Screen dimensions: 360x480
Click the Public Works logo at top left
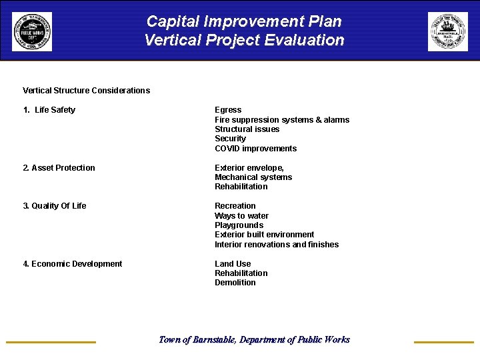pos(31,31)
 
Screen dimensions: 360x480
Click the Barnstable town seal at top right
pos(447,31)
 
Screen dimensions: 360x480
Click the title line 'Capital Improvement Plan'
pos(244,21)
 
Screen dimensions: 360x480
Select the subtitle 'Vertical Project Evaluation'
pos(244,40)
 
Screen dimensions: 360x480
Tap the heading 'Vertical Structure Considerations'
pos(86,91)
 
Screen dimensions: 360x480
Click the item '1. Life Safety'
pos(49,110)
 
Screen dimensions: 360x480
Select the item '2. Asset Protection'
pos(59,168)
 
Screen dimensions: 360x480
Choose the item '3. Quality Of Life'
pos(55,206)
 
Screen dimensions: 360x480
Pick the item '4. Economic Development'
pos(73,264)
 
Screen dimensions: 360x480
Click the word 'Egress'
pos(228,110)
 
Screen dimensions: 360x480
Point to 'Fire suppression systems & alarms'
pos(282,120)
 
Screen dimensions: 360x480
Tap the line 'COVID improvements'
pos(255,149)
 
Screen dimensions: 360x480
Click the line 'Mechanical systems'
pos(253,177)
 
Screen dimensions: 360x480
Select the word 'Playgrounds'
pos(239,225)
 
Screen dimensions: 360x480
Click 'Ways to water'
pos(241,216)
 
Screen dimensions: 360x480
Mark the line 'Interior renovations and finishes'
pos(277,245)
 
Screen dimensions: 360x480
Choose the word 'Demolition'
pos(235,283)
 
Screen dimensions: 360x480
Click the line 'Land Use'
pos(233,264)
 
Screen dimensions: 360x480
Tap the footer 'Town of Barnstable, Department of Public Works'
pos(254,340)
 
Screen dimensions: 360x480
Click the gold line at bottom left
pos(51,342)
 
